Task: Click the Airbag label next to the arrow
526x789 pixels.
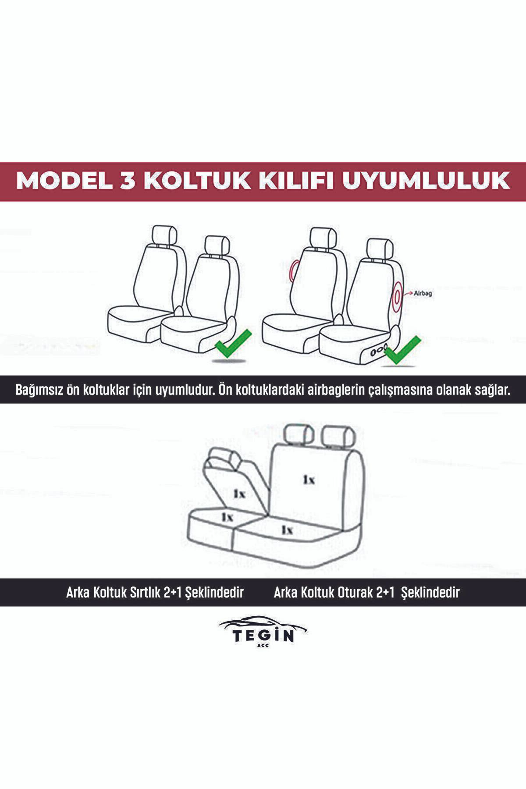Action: click(x=423, y=294)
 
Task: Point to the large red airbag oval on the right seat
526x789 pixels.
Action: click(x=398, y=296)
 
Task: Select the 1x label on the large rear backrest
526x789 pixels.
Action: click(x=309, y=480)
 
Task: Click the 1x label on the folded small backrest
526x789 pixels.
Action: click(x=239, y=494)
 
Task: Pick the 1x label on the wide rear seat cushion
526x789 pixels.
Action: click(x=287, y=530)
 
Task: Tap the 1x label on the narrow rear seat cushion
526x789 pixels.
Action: click(x=227, y=517)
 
